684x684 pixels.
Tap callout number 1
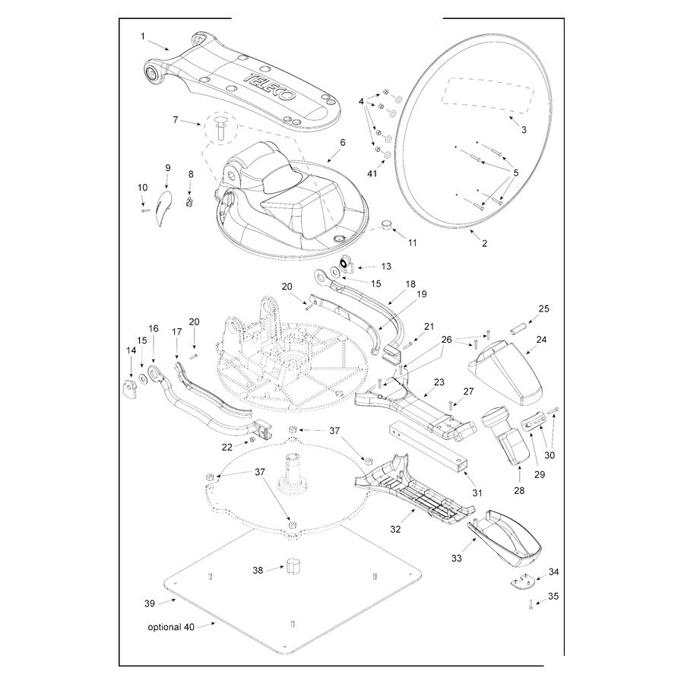[x=142, y=35]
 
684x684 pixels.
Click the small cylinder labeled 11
[x=388, y=225]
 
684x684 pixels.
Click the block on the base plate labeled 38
[x=292, y=565]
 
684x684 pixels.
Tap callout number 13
[x=386, y=267]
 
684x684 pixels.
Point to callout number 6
[x=342, y=142]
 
